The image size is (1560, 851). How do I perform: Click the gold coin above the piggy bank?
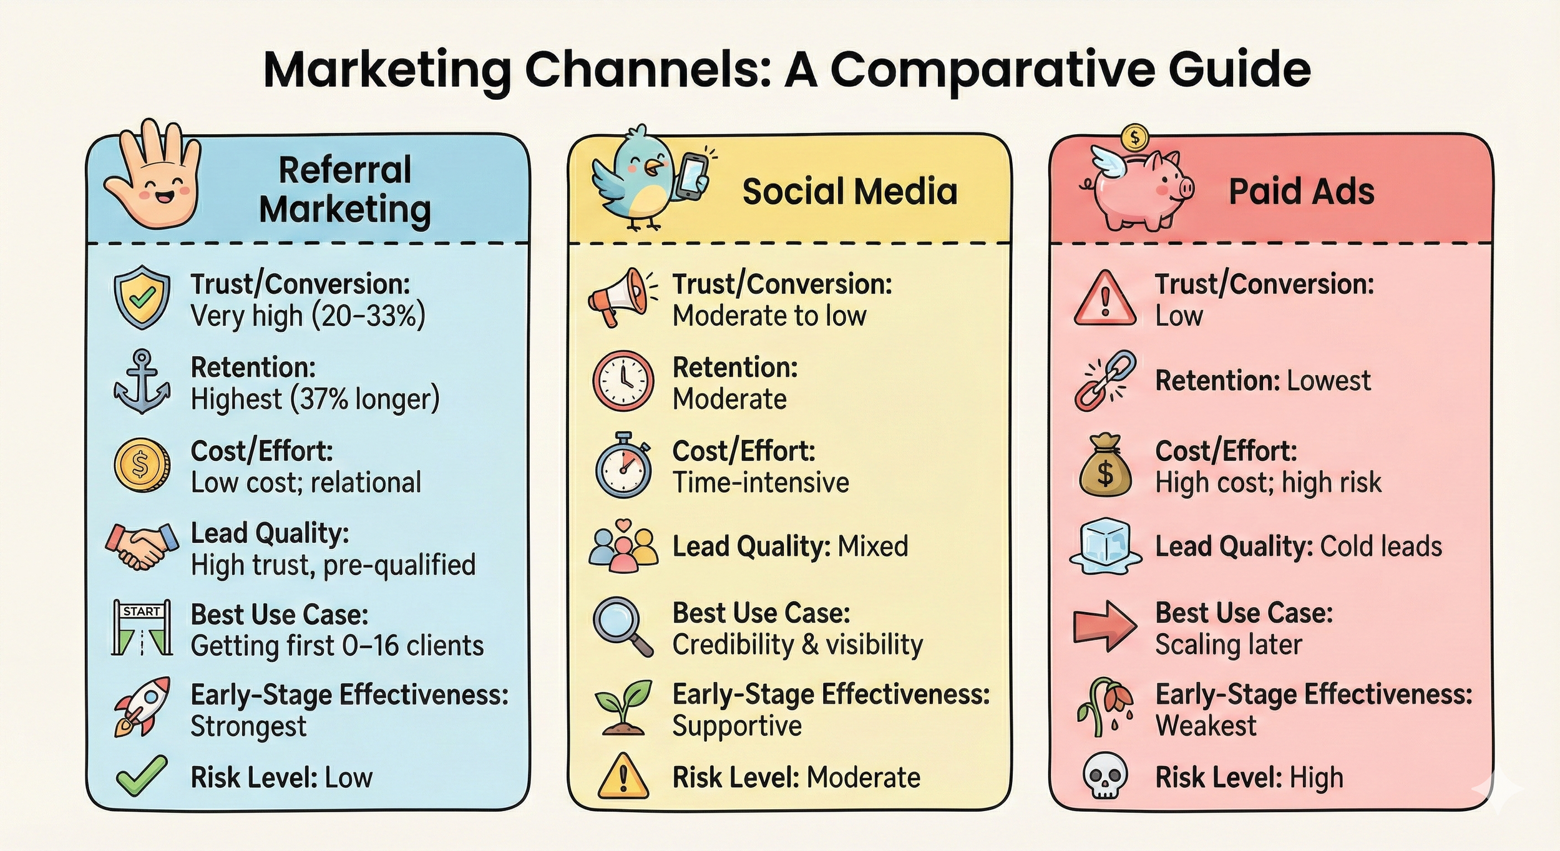1135,137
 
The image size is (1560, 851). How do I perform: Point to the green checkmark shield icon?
142,298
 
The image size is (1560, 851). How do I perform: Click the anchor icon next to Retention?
142,381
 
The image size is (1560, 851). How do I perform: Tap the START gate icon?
142,628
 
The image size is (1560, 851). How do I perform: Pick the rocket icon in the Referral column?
142,707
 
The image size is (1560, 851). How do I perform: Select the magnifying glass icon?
623,627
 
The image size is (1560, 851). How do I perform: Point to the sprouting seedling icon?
623,707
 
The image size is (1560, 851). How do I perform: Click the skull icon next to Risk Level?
1104,776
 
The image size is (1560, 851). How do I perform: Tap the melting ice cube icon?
1105,547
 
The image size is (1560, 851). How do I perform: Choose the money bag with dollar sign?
1105,465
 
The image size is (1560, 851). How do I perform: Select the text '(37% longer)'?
365,399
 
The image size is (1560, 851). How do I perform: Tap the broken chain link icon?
1105,381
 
